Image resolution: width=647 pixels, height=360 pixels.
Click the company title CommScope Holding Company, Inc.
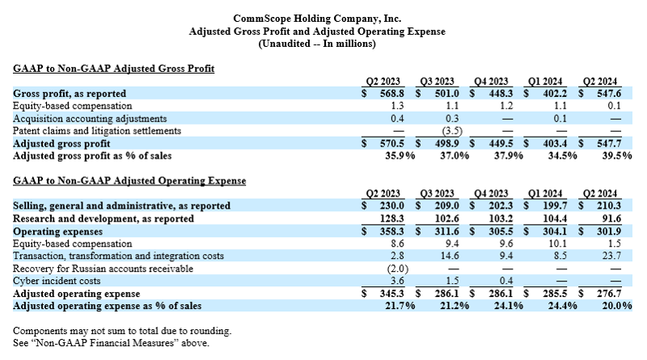coord(317,19)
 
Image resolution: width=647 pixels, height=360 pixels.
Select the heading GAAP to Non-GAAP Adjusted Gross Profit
coord(113,69)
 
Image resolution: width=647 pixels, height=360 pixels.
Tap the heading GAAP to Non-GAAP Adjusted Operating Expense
coord(129,181)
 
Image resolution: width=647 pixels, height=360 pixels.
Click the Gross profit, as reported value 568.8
coord(392,94)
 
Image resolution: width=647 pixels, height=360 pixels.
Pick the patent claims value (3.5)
coord(452,131)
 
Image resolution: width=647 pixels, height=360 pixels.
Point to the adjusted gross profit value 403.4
coord(555,144)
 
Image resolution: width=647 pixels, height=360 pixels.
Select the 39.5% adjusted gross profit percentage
coord(617,156)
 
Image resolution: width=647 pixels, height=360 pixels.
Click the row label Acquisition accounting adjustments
coord(90,119)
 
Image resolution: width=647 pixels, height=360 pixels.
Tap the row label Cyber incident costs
coord(57,281)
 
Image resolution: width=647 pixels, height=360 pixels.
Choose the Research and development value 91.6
coord(611,218)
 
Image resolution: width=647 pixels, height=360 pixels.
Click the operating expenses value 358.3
coord(392,231)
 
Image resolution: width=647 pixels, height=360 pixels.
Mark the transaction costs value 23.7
coord(611,256)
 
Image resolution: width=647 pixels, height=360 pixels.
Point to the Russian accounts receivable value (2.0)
coord(398,269)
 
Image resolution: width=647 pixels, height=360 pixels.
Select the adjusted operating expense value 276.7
coord(609,294)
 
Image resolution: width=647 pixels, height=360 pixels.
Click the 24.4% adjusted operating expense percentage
coord(562,306)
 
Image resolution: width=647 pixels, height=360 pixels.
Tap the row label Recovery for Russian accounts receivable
coord(103,269)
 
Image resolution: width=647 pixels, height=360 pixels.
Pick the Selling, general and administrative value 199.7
coord(555,205)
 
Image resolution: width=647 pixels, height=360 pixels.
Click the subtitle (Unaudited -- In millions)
coord(317,44)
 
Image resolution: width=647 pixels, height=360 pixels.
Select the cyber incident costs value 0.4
coord(506,281)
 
